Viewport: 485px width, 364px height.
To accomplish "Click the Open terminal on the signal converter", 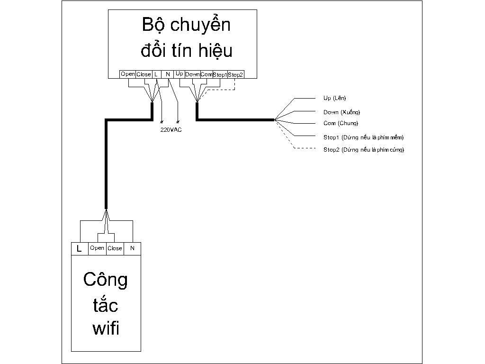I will pos(127,74).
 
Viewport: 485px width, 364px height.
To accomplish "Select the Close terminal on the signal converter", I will pos(144,74).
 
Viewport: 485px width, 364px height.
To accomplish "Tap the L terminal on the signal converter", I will pos(156,74).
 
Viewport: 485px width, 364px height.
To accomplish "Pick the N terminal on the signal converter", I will pos(168,74).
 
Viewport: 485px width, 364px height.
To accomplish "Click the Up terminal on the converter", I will pos(180,74).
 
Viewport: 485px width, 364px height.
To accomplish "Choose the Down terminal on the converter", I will pos(192,74).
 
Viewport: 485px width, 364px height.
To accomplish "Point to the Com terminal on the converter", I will pos(207,74).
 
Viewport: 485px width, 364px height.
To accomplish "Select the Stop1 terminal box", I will pos(220,74).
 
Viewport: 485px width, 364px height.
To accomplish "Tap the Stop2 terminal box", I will pos(235,74).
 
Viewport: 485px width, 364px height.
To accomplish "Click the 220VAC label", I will pos(171,129).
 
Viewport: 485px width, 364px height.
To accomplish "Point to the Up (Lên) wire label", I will pos(335,98).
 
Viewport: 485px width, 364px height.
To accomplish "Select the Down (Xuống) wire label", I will pos(341,112).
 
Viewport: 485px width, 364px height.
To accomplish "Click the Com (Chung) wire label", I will pos(341,123).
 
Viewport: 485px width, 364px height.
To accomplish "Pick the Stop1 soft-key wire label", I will pos(363,137).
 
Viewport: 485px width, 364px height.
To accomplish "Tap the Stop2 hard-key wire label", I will pos(364,150).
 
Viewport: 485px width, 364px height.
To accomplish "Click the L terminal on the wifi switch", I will pos(79,248).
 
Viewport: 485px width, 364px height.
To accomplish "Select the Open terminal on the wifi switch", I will pos(97,248).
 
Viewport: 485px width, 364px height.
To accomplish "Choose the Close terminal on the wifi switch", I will pos(115,248).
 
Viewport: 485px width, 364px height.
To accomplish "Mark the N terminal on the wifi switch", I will pos(133,248).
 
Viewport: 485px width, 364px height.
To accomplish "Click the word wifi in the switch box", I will pos(106,328).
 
